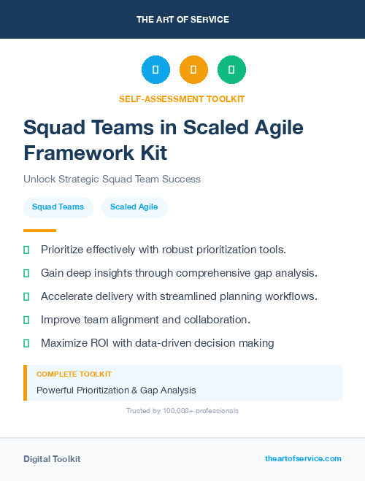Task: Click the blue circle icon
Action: (155, 70)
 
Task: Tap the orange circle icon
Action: (193, 70)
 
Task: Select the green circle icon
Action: (231, 70)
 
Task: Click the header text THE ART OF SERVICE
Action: (182, 19)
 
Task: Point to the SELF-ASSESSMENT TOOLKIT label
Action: (182, 99)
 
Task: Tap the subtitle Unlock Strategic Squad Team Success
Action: (112, 179)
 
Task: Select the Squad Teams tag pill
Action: (58, 207)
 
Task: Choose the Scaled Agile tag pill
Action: (134, 207)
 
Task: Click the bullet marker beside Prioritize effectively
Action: (26, 250)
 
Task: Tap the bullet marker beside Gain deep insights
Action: (26, 273)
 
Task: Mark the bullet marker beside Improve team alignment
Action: (26, 320)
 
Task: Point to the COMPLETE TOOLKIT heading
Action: (74, 374)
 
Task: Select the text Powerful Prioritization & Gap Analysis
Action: (116, 390)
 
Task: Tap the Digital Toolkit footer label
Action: (52, 459)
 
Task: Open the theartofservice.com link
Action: (303, 459)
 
